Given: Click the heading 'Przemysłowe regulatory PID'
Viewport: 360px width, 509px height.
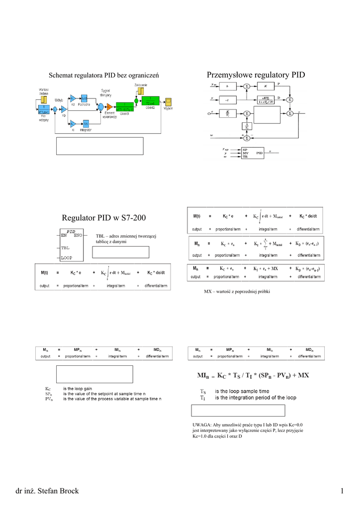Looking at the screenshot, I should [x=255, y=75].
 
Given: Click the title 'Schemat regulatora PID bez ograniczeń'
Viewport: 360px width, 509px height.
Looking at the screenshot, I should [x=103, y=76].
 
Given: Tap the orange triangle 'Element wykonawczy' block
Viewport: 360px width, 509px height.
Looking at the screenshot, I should [x=109, y=107].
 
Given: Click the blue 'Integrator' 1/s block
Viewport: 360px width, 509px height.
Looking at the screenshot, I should [x=86, y=123].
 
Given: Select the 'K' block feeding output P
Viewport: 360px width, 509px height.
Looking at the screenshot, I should [x=265, y=86].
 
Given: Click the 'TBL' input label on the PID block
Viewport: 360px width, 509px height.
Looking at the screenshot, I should [x=66, y=247].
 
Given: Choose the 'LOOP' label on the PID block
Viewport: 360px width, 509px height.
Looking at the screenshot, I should [x=67, y=257].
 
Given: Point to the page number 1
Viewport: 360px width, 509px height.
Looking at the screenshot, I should [x=343, y=492].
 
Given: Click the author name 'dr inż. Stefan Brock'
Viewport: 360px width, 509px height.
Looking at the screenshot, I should [x=47, y=492].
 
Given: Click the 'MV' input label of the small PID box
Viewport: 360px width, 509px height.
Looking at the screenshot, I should [x=245, y=153].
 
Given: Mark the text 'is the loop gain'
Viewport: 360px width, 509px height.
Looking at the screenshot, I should [x=81, y=388].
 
